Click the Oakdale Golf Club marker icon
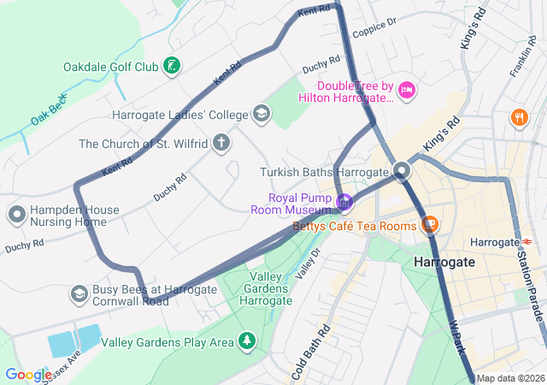point(172,66)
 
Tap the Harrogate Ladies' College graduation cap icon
point(261,114)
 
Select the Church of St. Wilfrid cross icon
point(221,142)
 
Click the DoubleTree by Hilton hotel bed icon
point(406,89)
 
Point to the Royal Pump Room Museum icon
point(344,203)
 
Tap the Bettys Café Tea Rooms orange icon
point(430,225)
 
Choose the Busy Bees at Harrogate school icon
point(79,295)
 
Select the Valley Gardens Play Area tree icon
point(247,342)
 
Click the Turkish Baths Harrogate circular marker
point(402,172)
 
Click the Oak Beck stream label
point(49,110)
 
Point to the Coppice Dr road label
point(375,27)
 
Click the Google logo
point(28,375)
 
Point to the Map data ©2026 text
point(509,378)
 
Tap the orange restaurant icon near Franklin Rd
point(518,117)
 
